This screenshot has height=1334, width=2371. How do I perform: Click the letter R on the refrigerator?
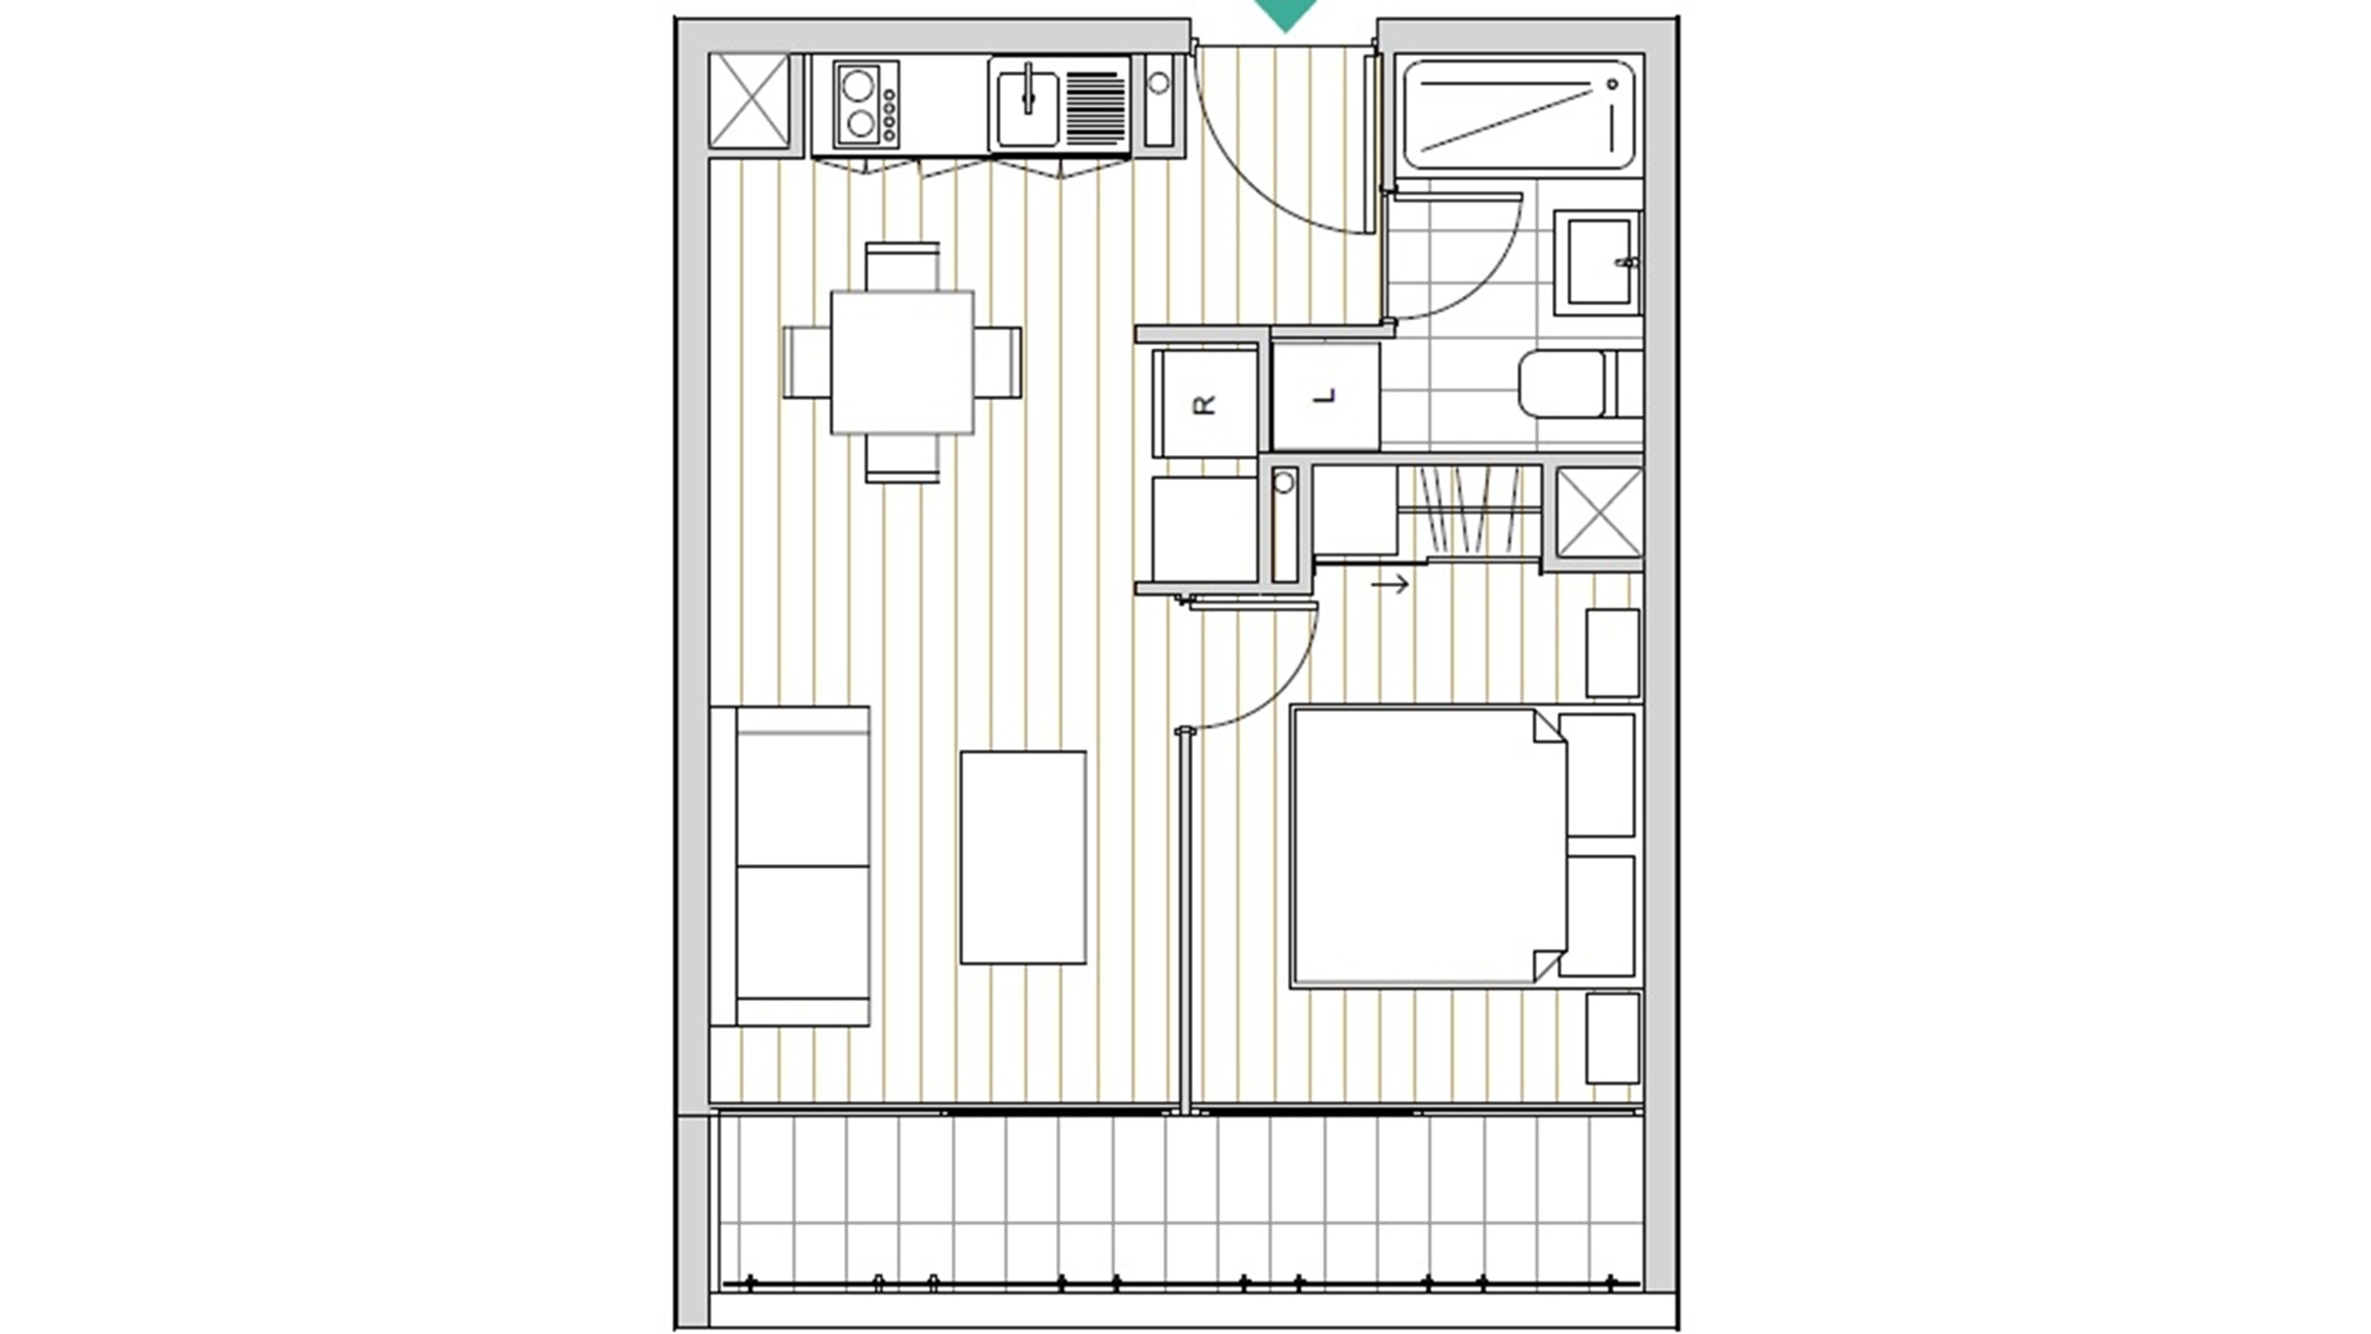tap(1205, 404)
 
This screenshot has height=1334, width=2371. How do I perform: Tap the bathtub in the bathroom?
tap(1518, 114)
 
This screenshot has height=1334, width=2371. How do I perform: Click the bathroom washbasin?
tap(1598, 262)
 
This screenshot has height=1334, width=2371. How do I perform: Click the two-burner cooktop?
tap(866, 104)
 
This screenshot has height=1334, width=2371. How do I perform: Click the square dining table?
tap(902, 363)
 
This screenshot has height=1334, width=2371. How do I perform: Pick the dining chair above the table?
tap(902, 267)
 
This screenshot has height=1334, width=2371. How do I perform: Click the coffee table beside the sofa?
tap(1024, 857)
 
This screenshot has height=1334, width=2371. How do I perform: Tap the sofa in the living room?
tap(789, 866)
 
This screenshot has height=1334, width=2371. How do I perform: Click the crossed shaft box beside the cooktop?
tap(750, 100)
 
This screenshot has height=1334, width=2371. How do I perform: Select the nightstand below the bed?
tap(1613, 1037)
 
